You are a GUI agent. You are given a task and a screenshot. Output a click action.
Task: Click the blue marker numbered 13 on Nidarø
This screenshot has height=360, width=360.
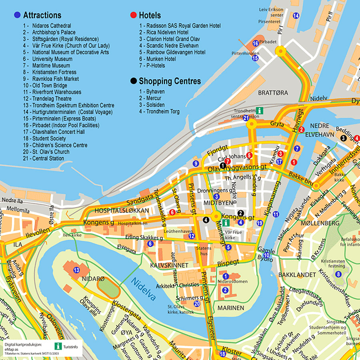pos(76,270)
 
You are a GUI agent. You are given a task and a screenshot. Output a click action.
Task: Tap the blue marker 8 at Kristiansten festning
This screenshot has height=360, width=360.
pos(338,274)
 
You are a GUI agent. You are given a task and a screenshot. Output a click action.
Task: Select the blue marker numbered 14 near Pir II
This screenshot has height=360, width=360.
pos(296,16)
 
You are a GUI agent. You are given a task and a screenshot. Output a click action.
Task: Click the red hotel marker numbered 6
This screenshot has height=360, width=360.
pos(172,212)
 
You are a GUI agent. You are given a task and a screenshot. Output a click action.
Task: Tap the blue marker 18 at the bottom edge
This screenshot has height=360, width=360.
pos(223,354)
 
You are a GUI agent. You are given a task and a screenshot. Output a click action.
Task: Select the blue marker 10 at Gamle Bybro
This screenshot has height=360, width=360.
pos(266,255)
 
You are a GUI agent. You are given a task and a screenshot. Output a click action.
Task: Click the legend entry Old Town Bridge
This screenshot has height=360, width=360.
pos(45,85)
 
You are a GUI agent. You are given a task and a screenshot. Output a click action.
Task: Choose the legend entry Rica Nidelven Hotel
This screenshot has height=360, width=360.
pos(164,32)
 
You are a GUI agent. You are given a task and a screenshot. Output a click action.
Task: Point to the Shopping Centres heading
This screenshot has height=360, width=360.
pos(170,81)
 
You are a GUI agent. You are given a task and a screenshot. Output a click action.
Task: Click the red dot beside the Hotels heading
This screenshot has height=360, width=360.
pos(133,16)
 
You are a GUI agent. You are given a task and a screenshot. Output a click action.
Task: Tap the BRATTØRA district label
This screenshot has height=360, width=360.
pos(273,93)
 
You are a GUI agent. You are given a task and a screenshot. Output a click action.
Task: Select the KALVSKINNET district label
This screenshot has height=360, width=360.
pos(169,265)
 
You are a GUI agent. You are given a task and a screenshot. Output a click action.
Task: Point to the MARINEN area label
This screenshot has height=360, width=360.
pos(231,308)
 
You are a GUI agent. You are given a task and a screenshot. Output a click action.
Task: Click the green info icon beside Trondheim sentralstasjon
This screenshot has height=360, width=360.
pos(260,110)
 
